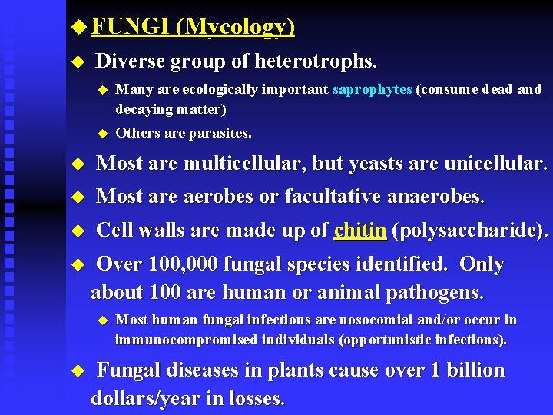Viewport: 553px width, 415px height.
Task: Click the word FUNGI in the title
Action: [x=131, y=27]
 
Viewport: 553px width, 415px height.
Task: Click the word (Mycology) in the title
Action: [x=235, y=28]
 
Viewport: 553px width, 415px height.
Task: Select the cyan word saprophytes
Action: [x=373, y=89]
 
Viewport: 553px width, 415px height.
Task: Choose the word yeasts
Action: [x=378, y=164]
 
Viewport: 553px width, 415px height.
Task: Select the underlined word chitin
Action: [x=360, y=231]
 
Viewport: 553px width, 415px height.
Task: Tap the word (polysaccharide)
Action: [x=470, y=231]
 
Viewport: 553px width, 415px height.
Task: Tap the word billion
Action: [x=473, y=370]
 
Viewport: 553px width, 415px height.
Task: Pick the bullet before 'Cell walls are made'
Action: [x=75, y=231]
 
